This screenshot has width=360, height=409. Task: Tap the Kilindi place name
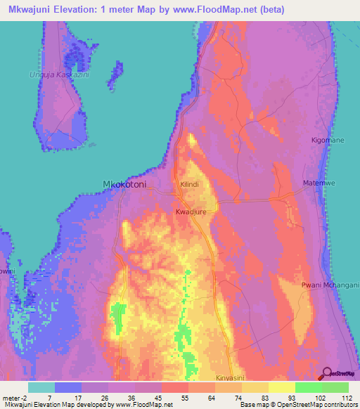pyautogui.click(x=190, y=184)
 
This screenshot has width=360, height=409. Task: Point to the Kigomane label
pyautogui.click(x=328, y=141)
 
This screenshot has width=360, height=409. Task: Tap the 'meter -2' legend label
pyautogui.click(x=15, y=397)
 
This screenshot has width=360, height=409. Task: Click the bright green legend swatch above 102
pyautogui.click(x=308, y=387)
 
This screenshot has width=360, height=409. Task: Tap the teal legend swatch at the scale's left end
pyautogui.click(x=41, y=387)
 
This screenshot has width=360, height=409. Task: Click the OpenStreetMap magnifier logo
pyautogui.click(x=327, y=374)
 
